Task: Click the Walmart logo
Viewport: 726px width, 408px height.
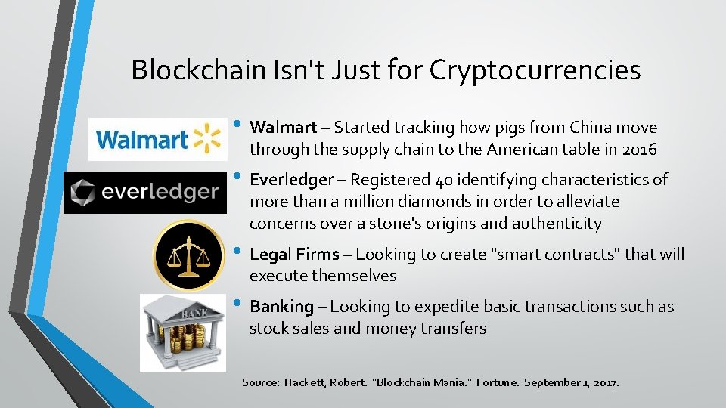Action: (x=157, y=139)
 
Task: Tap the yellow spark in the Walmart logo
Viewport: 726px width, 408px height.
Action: (x=206, y=138)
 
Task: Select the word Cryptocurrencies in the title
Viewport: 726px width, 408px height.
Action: (x=535, y=70)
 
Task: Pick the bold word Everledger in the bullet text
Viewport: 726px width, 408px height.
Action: (x=291, y=180)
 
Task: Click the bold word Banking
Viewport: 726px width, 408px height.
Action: (x=281, y=307)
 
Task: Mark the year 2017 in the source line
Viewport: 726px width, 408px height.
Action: (x=604, y=383)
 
